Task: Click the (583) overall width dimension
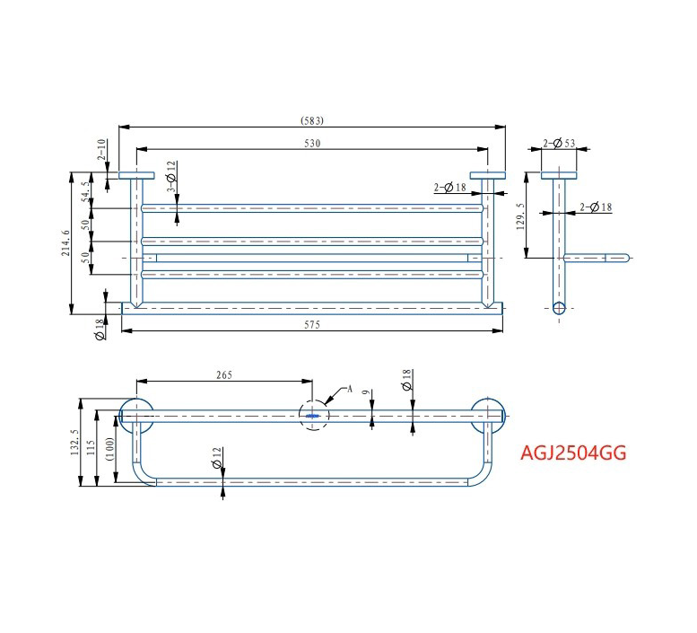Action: (x=311, y=120)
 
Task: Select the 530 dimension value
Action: (x=311, y=143)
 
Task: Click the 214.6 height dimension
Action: (x=64, y=242)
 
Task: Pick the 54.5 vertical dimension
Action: (x=86, y=192)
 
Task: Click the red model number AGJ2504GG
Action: (x=573, y=453)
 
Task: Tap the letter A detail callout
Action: (x=351, y=389)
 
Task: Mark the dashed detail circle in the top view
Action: (x=313, y=416)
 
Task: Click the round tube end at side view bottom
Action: (x=560, y=308)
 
